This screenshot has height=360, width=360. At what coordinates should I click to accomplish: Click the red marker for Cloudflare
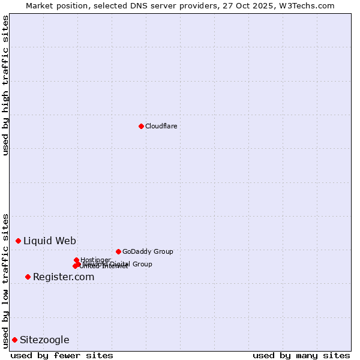click(141, 126)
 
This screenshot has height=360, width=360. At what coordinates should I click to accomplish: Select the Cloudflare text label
click(161, 126)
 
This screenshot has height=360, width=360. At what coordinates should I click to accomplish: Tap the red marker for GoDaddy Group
click(118, 251)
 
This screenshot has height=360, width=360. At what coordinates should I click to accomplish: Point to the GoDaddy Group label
click(148, 251)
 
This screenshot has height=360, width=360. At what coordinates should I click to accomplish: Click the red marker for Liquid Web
click(18, 241)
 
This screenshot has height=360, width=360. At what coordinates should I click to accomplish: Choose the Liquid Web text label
click(50, 241)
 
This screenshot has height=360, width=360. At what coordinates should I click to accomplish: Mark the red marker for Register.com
click(28, 277)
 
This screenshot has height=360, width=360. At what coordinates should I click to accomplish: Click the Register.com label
click(64, 277)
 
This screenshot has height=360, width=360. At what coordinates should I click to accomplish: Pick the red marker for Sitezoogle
click(14, 340)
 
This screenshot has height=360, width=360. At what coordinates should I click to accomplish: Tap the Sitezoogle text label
click(44, 340)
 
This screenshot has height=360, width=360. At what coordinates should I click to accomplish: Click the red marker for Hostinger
click(76, 260)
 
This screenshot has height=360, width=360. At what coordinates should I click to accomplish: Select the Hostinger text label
click(95, 260)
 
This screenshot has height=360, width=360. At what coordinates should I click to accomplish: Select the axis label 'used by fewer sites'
click(62, 355)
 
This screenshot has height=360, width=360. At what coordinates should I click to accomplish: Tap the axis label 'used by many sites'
click(301, 355)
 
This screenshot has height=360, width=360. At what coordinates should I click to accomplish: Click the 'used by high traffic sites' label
click(5, 85)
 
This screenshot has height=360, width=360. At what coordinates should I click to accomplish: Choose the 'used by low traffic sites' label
click(5, 280)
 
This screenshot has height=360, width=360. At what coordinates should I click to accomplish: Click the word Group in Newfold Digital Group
click(142, 264)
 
